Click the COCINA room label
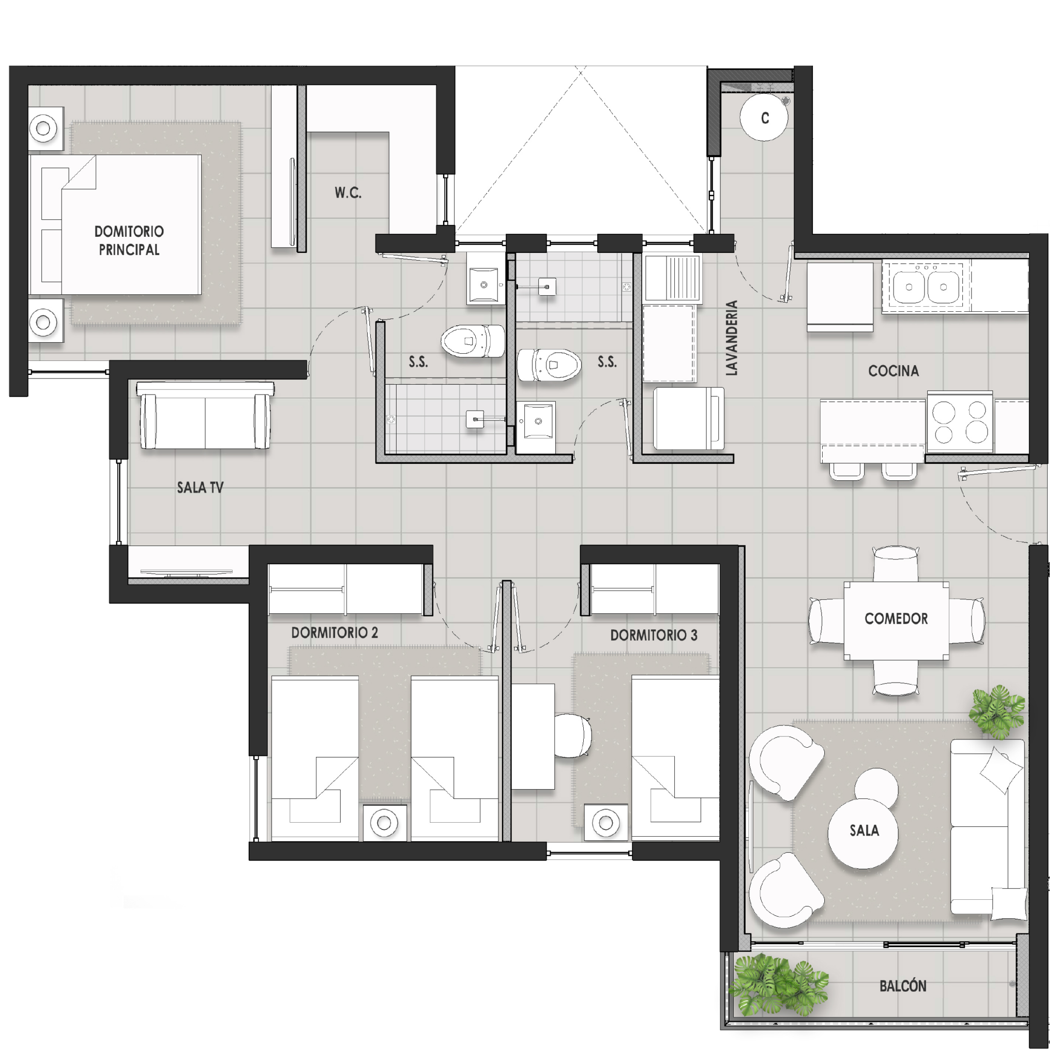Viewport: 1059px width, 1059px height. (x=893, y=371)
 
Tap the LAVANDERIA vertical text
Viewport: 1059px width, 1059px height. (x=732, y=338)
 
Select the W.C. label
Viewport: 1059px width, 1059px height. (x=348, y=192)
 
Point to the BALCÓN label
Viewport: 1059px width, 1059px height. (x=903, y=986)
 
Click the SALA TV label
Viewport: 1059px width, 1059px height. (x=200, y=487)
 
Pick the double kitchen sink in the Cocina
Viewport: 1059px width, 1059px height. (x=926, y=286)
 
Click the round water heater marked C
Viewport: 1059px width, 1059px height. (x=764, y=117)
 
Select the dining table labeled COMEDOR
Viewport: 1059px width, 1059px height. (x=896, y=621)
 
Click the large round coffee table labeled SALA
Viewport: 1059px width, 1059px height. (x=863, y=833)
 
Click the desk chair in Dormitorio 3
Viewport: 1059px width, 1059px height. (x=573, y=736)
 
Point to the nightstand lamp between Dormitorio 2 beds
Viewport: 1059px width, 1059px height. (x=384, y=823)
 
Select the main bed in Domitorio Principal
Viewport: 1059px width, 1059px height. (x=116, y=224)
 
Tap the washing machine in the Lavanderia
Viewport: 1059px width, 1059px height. (x=688, y=419)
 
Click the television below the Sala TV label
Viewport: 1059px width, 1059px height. (x=186, y=572)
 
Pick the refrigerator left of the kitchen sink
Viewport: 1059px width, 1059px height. (x=840, y=296)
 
